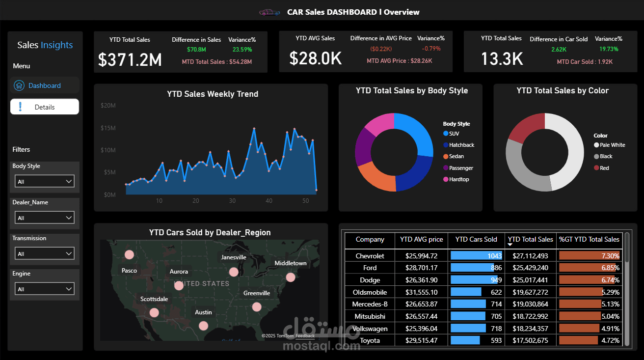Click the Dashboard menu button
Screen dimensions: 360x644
point(44,85)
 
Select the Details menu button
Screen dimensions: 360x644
point(44,107)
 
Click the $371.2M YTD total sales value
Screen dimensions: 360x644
point(130,59)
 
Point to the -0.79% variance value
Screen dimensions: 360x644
point(431,49)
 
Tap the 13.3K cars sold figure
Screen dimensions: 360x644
point(502,59)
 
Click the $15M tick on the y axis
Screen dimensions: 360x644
point(108,128)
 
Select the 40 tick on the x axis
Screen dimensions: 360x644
point(268,201)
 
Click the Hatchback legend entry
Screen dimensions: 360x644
point(461,145)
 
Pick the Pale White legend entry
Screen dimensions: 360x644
point(612,145)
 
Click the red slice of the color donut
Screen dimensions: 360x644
point(525,129)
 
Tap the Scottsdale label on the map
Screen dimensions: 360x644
point(154,299)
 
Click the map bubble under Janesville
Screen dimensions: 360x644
point(234,272)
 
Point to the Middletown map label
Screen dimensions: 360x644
point(290,263)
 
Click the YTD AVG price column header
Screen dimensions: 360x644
point(421,240)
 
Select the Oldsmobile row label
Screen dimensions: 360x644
point(370,292)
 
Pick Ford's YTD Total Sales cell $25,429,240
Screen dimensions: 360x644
point(530,268)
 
